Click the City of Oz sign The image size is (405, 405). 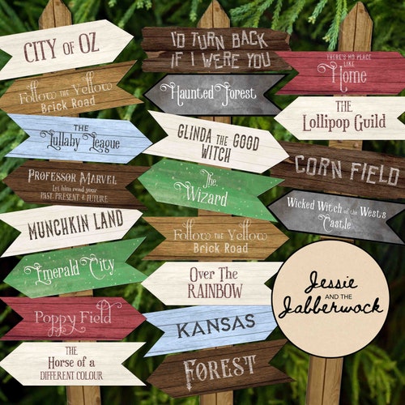point(65,49)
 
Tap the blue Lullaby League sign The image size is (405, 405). point(79,138)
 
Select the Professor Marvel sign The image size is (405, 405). point(73,185)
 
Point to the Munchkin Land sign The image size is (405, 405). point(73,228)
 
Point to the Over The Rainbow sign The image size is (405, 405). point(212,283)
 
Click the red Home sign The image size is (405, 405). point(340,73)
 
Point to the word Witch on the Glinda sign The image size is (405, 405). point(213,154)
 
